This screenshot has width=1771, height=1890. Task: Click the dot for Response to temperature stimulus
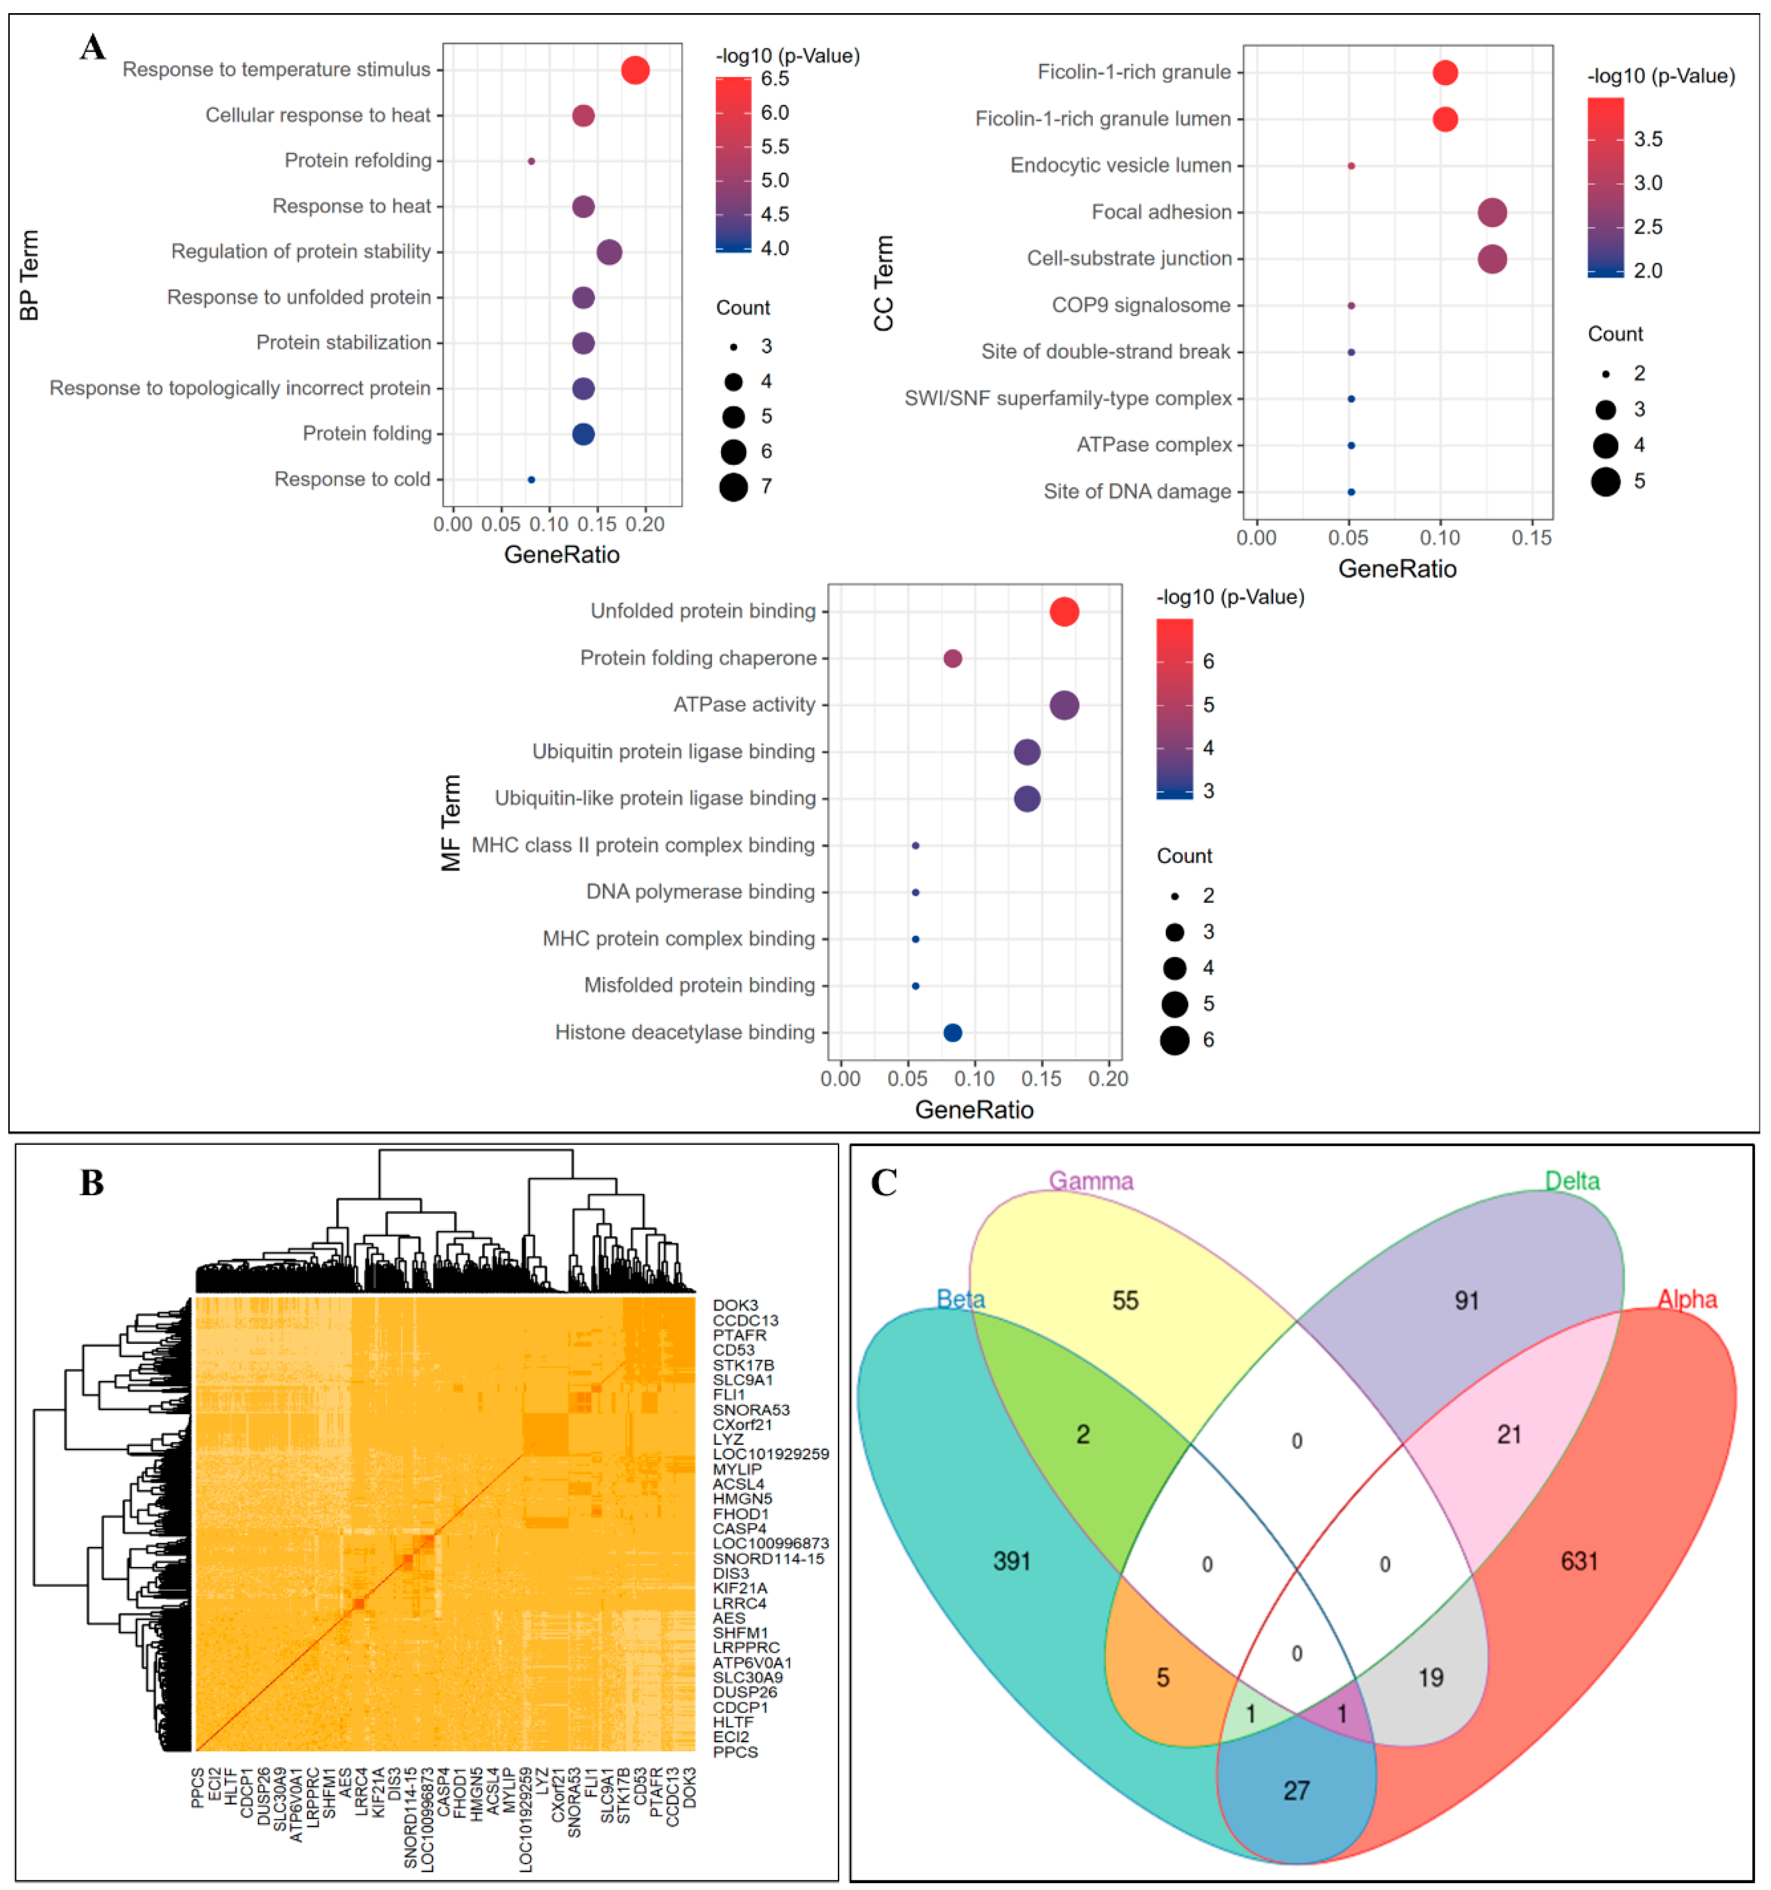click(635, 71)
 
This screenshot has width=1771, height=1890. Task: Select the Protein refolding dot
click(531, 162)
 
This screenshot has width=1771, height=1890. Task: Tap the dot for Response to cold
click(531, 480)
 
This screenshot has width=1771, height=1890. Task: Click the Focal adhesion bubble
click(1493, 213)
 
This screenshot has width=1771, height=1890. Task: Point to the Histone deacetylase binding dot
click(953, 1034)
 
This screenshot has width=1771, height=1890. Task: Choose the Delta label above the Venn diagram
click(1572, 1181)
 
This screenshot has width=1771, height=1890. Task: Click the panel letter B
click(92, 1183)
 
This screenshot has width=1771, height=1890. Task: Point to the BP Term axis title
click(30, 276)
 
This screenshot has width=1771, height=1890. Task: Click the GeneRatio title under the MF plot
click(975, 1110)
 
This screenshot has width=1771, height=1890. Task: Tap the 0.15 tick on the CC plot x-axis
click(1532, 538)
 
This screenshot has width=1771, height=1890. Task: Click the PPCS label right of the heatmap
click(735, 1752)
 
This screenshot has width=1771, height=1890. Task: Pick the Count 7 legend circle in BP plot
click(733, 488)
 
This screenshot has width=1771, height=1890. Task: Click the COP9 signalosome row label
click(1141, 306)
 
